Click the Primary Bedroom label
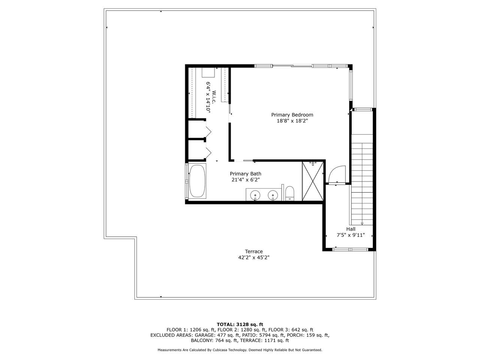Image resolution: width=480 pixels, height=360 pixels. tap(292, 115)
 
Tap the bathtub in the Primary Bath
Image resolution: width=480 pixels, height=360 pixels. tap(197, 181)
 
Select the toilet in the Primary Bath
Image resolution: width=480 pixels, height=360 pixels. tap(290, 193)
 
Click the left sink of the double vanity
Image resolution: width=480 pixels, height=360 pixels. tap(255, 195)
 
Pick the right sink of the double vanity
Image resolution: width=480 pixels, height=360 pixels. tap(273, 195)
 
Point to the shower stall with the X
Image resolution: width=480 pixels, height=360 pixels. tap(312, 181)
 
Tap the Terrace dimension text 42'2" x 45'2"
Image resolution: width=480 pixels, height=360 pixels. tap(253, 258)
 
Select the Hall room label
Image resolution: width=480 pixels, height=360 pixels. tap(351, 229)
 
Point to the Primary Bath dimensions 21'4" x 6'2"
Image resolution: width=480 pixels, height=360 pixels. tap(245, 180)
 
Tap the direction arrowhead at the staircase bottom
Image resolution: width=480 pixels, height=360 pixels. tap(362, 223)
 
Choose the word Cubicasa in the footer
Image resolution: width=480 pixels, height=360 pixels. tap(220, 350)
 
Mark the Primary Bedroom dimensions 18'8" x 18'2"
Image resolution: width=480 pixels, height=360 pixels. tap(292, 121)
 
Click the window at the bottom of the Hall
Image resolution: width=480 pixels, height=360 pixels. tap(351, 249)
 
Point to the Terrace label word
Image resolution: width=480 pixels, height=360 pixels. tap(253, 251)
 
